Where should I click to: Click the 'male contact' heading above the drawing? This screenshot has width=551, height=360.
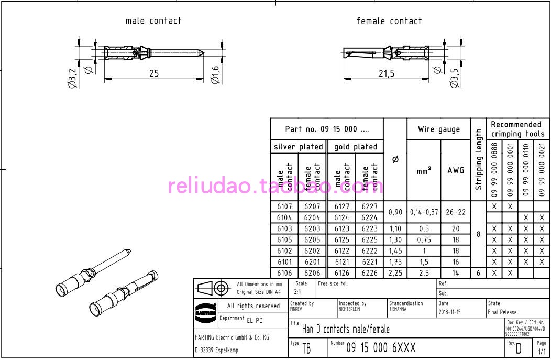153,21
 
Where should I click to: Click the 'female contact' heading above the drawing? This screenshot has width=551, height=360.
389,21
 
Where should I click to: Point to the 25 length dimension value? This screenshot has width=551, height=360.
153,73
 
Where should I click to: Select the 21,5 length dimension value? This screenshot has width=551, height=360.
386,73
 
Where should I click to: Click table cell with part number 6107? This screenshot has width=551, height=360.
284,207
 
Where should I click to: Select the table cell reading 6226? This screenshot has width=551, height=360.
369,272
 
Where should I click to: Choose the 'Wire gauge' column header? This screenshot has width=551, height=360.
439,129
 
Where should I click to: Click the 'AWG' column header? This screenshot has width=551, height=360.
456,170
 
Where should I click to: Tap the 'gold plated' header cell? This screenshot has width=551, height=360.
356,147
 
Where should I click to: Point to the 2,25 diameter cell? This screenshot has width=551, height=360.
395,272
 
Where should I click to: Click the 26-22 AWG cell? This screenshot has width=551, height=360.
456,212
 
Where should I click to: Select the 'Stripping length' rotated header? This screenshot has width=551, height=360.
478,160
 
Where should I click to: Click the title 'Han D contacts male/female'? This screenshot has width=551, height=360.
346,329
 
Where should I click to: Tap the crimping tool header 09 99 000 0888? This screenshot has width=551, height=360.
494,170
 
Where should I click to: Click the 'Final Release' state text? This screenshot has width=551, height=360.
502,312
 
